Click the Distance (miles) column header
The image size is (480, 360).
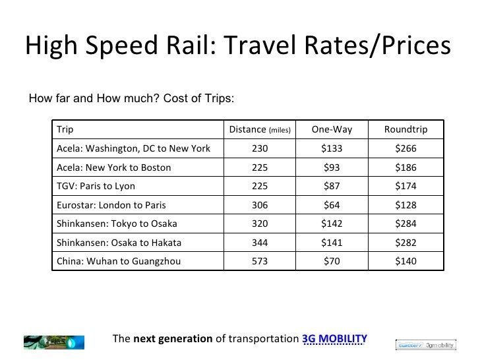tap(260, 129)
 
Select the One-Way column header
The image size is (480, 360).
tap(332, 129)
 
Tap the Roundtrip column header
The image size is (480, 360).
tap(405, 129)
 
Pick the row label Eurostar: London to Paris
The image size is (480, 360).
tap(108, 204)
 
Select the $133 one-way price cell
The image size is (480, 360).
tap(332, 148)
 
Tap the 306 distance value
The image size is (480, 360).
tap(260, 204)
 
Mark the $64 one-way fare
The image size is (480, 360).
tap(332, 204)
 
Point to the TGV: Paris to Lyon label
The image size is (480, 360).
tap(96, 186)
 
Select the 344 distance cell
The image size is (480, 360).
tap(260, 242)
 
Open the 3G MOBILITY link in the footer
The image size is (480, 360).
tap(334, 340)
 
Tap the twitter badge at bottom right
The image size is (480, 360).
tap(409, 344)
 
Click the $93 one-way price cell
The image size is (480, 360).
tap(332, 167)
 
